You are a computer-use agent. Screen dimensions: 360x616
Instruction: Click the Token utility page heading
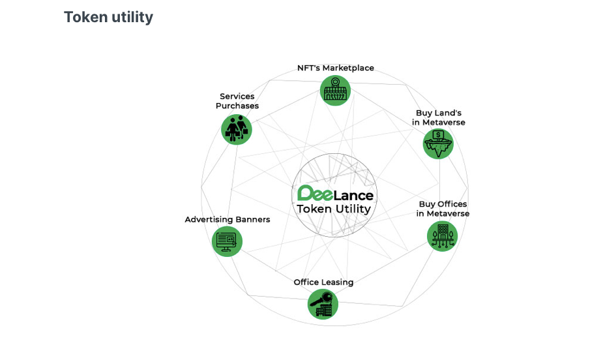(x=108, y=17)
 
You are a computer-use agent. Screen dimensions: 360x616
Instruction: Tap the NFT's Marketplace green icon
(x=336, y=90)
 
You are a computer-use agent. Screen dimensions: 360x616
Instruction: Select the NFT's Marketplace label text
(x=336, y=68)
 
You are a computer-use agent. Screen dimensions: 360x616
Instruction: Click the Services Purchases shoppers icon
(x=237, y=129)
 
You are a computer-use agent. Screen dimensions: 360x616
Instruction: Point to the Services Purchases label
(x=237, y=101)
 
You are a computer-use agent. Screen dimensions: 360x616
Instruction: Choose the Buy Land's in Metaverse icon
(x=438, y=143)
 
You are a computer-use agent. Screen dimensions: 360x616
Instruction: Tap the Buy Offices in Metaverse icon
(x=443, y=236)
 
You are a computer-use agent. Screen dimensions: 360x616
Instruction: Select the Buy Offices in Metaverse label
(x=443, y=209)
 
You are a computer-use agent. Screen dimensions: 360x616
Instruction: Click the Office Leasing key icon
(x=323, y=304)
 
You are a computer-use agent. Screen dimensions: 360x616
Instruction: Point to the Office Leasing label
(x=323, y=282)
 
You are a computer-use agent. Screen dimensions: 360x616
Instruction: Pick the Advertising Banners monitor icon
(x=227, y=241)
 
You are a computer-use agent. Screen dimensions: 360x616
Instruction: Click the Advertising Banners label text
(x=227, y=220)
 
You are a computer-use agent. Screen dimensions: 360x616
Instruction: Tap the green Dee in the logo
(x=314, y=194)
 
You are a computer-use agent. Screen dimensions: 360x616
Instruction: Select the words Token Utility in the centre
(x=334, y=209)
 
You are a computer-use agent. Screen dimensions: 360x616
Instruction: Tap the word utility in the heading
(x=132, y=17)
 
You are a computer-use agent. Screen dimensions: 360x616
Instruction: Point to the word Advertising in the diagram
(x=209, y=220)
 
